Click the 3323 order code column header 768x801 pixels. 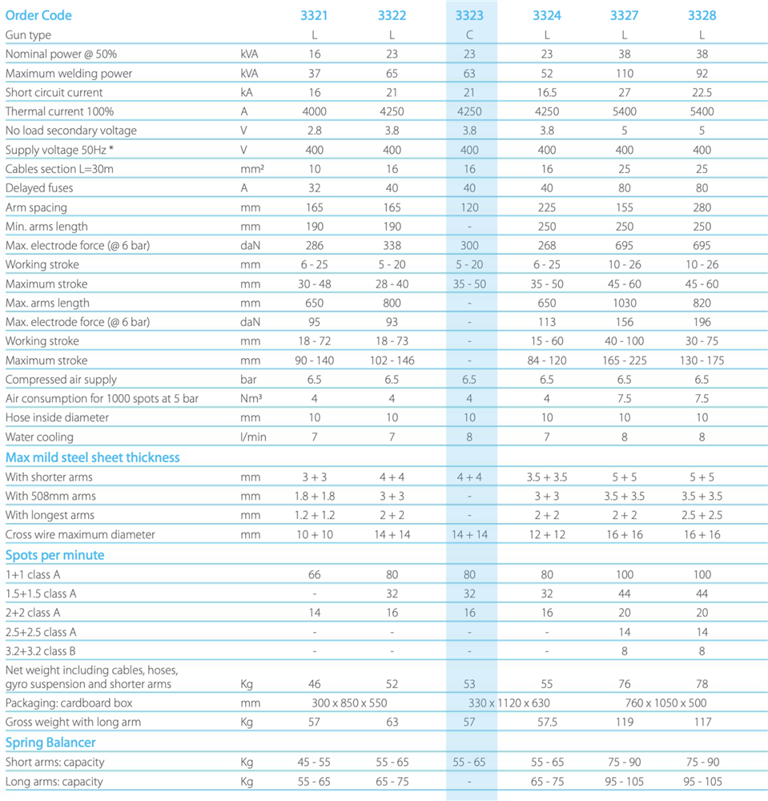pos(469,15)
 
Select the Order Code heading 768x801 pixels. pos(38,15)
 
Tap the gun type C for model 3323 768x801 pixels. pos(469,34)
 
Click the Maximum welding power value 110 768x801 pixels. pos(624,73)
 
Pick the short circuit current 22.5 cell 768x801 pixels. pos(702,92)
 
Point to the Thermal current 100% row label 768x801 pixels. pos(59,111)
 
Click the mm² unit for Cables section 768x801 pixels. pos(252,169)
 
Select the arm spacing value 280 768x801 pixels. pos(702,207)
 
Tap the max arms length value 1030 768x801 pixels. pos(624,303)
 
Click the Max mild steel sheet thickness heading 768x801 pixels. pos(92,457)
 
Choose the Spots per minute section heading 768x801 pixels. pos(54,555)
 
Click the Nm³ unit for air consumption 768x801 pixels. pos(251,398)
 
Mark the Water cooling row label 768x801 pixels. pos(39,437)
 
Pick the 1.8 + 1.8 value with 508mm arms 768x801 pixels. pos(314,496)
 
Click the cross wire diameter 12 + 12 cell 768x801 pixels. pos(546,534)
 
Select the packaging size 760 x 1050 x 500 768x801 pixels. pos(665,703)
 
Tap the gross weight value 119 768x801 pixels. pos(624,722)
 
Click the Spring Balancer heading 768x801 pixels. pos(50,743)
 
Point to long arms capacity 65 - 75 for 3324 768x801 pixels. pos(547,782)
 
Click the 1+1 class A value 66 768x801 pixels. pos(314,574)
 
